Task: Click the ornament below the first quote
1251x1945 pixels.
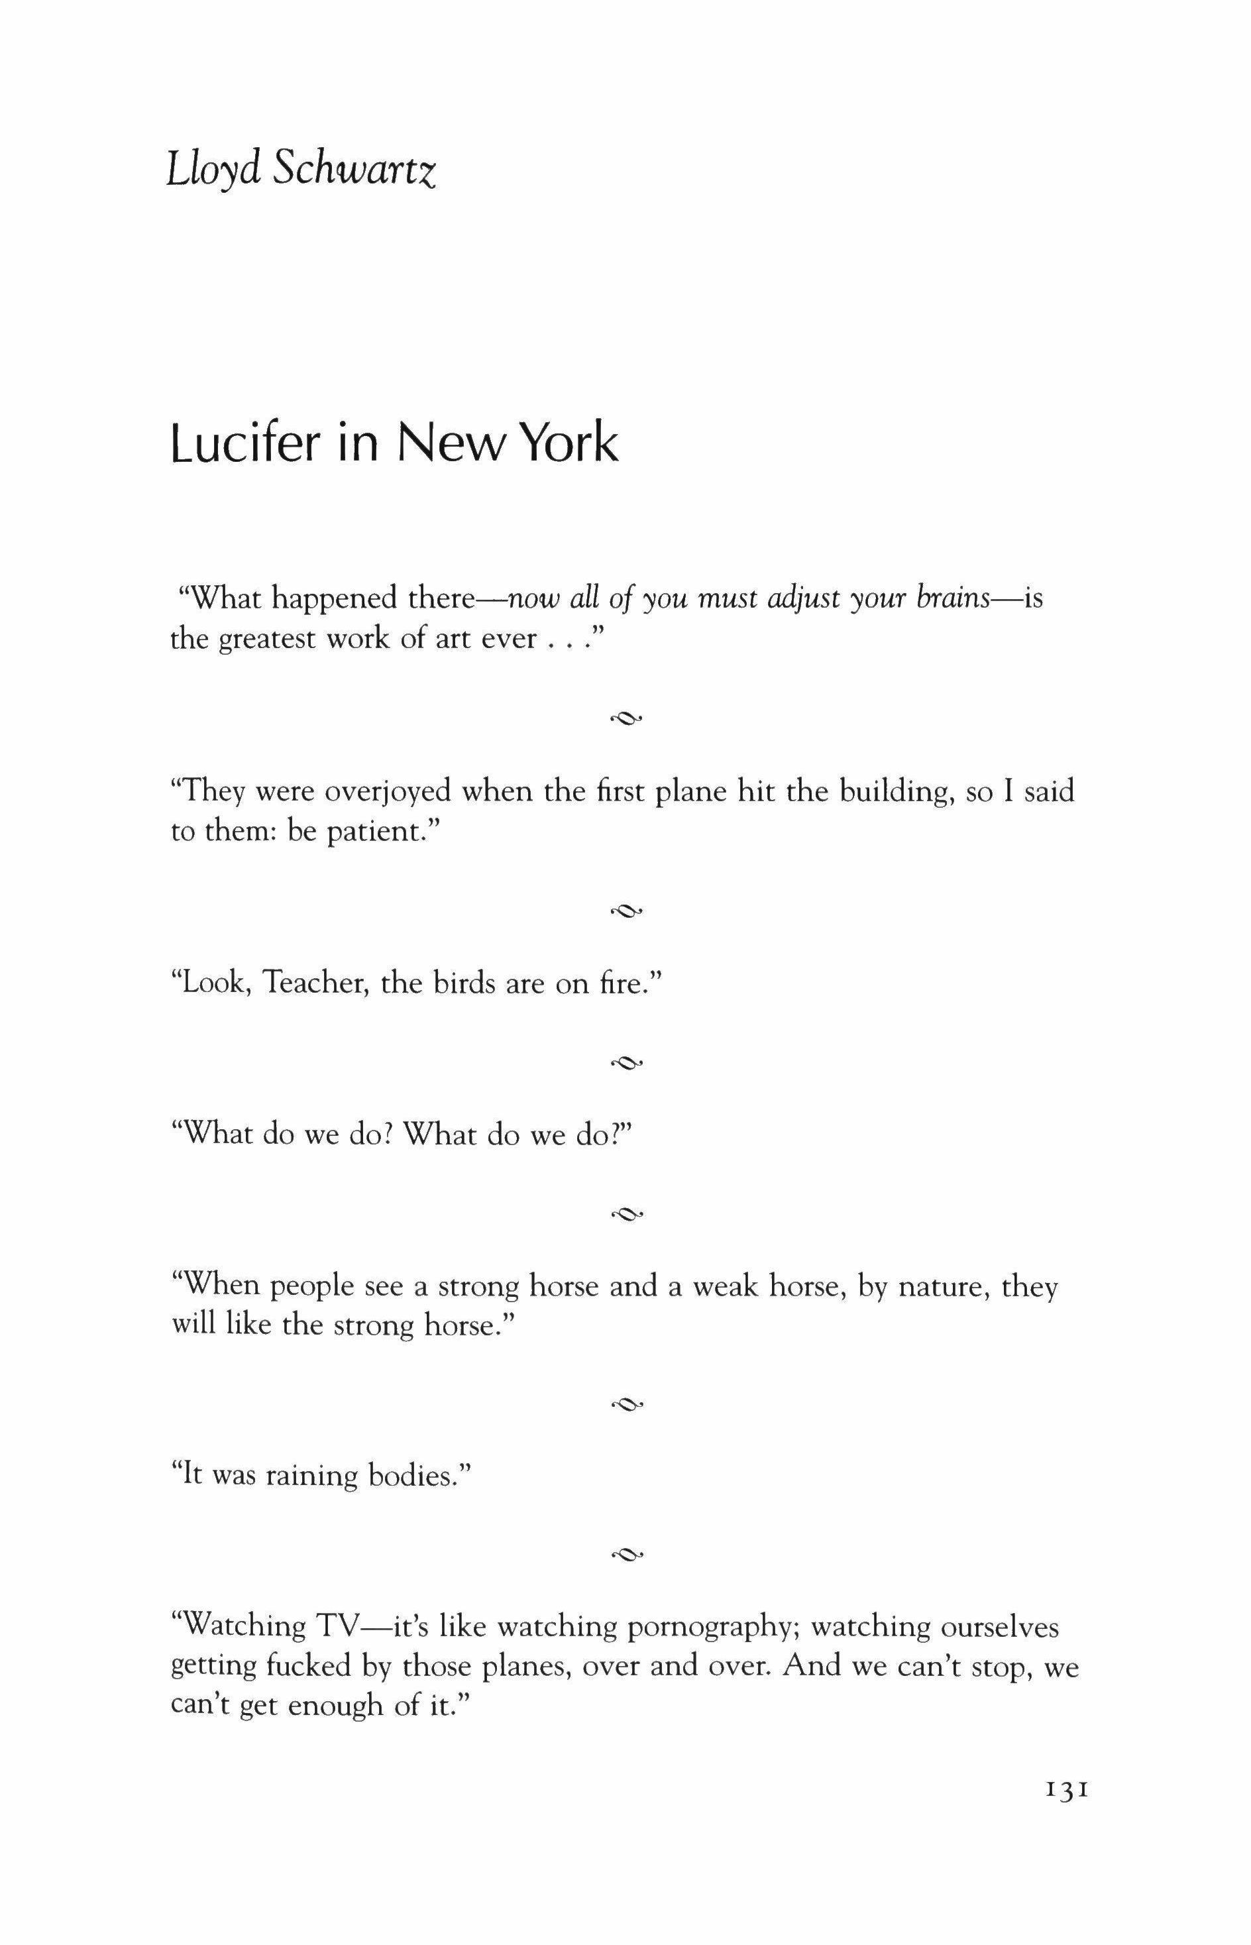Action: (626, 718)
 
